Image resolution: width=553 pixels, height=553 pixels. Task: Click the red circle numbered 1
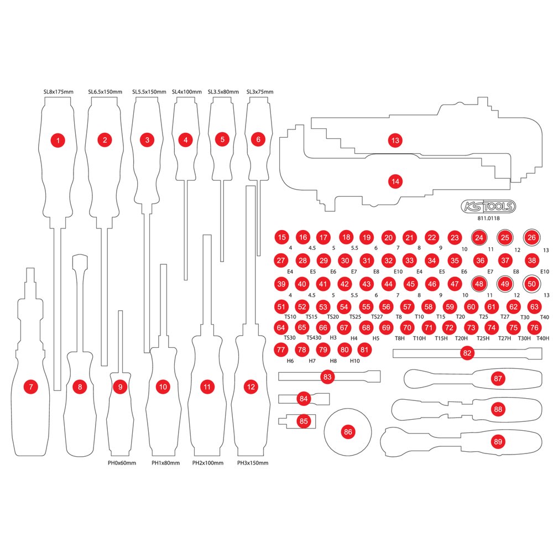58,140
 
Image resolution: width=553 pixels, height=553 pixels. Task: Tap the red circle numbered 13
395,140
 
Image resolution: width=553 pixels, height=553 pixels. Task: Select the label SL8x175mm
59,92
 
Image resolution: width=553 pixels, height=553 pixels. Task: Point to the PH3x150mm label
253,463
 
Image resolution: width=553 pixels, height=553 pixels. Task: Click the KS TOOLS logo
488,206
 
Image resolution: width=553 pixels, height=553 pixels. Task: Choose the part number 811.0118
488,218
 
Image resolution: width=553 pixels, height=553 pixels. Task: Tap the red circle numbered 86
348,432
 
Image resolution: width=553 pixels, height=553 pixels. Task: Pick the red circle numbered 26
531,237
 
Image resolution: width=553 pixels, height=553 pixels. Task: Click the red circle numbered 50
531,284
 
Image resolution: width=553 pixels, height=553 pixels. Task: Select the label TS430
314,337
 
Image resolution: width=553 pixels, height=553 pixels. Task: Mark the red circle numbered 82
467,353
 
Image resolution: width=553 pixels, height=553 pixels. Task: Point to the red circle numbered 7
30,387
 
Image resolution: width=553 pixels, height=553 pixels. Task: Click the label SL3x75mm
260,92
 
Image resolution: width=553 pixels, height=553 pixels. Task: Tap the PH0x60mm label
122,463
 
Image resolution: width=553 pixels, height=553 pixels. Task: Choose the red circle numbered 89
498,441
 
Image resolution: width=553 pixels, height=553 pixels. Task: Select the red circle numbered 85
304,421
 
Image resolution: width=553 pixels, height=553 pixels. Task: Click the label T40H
543,338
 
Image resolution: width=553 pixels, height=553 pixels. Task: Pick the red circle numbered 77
281,349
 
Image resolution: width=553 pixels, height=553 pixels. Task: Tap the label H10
355,361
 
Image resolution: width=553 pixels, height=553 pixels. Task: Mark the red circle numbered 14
395,181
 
